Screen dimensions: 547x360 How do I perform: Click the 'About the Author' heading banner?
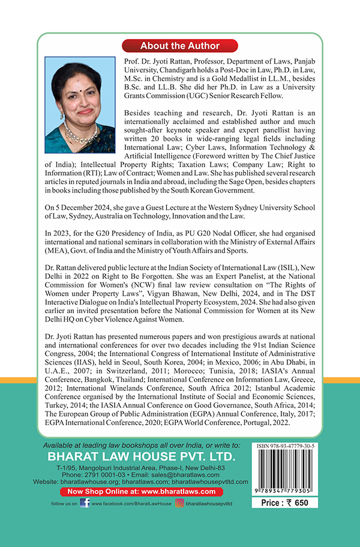[x=180, y=46]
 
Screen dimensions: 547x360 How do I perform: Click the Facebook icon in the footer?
[x=85, y=503]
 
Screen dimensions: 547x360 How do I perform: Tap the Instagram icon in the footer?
[x=179, y=503]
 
